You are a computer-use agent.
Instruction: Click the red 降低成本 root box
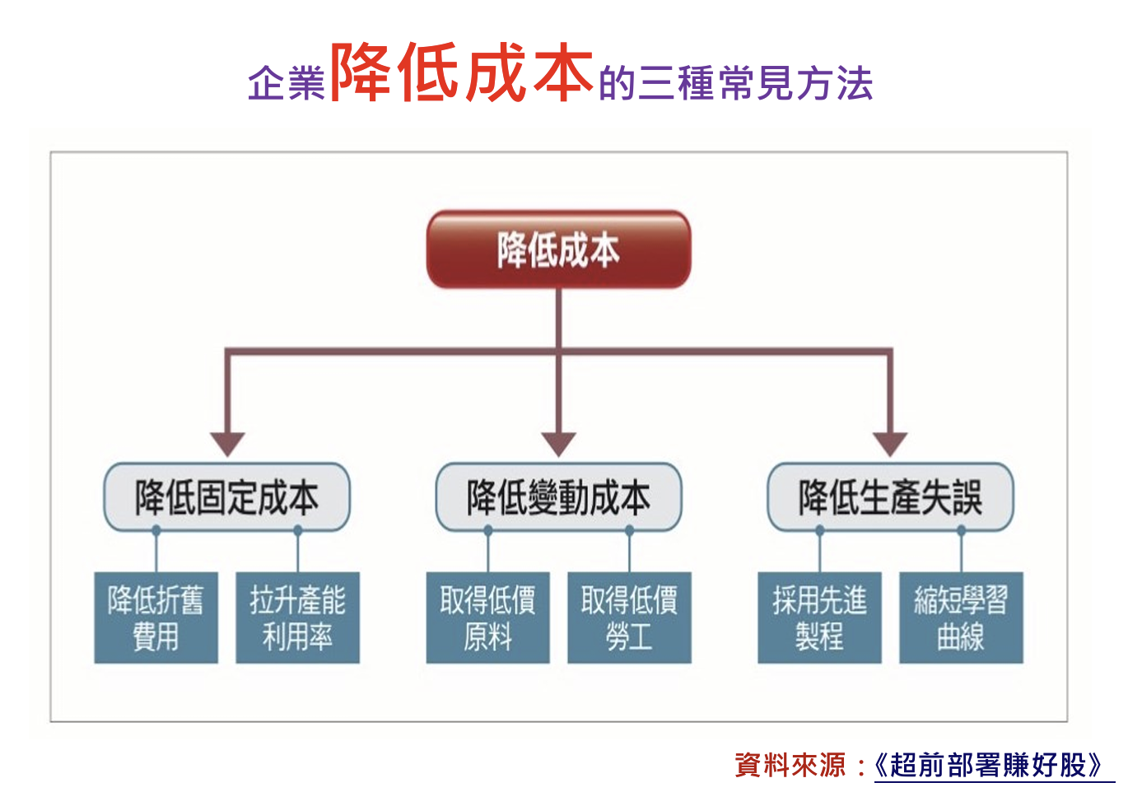tap(559, 249)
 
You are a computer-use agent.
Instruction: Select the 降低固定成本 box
tap(227, 497)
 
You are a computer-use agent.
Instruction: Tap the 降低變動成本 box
tap(559, 497)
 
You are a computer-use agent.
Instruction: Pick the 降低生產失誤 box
tap(891, 497)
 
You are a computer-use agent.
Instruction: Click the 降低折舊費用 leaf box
tap(156, 618)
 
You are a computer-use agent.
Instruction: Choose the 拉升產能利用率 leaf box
tap(298, 618)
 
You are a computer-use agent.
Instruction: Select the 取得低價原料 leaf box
tap(488, 618)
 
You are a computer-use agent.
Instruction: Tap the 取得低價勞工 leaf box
tap(630, 618)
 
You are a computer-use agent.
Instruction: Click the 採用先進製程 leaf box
tap(820, 618)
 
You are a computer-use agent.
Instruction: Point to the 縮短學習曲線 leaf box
tap(962, 618)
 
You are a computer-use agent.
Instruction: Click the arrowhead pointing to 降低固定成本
tap(227, 444)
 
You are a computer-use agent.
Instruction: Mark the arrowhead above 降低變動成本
tap(559, 444)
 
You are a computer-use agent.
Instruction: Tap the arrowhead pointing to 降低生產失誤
tap(890, 444)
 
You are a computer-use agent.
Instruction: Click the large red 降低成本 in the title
tap(462, 72)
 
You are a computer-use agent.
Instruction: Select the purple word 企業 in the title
tap(287, 82)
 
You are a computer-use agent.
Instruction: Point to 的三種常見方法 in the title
tap(736, 82)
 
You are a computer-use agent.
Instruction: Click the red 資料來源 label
tap(790, 765)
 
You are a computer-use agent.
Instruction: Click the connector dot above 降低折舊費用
tap(156, 530)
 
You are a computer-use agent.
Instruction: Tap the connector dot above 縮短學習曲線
tap(962, 530)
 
